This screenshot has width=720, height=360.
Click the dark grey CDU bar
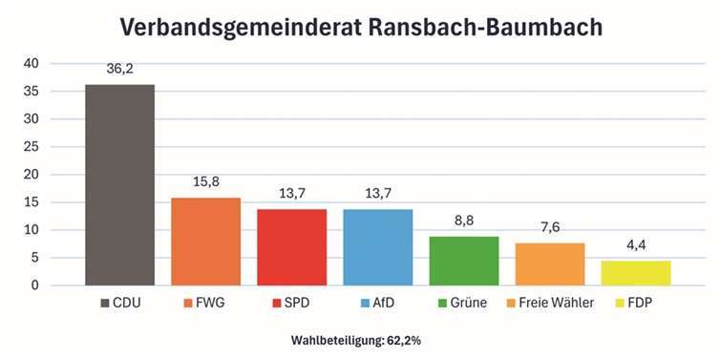coord(119,184)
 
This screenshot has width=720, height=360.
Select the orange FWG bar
coord(205,241)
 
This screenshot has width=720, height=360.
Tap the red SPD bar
coord(291,246)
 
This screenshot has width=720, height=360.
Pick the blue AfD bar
coord(377,246)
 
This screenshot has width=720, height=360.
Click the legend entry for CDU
coord(122,303)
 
